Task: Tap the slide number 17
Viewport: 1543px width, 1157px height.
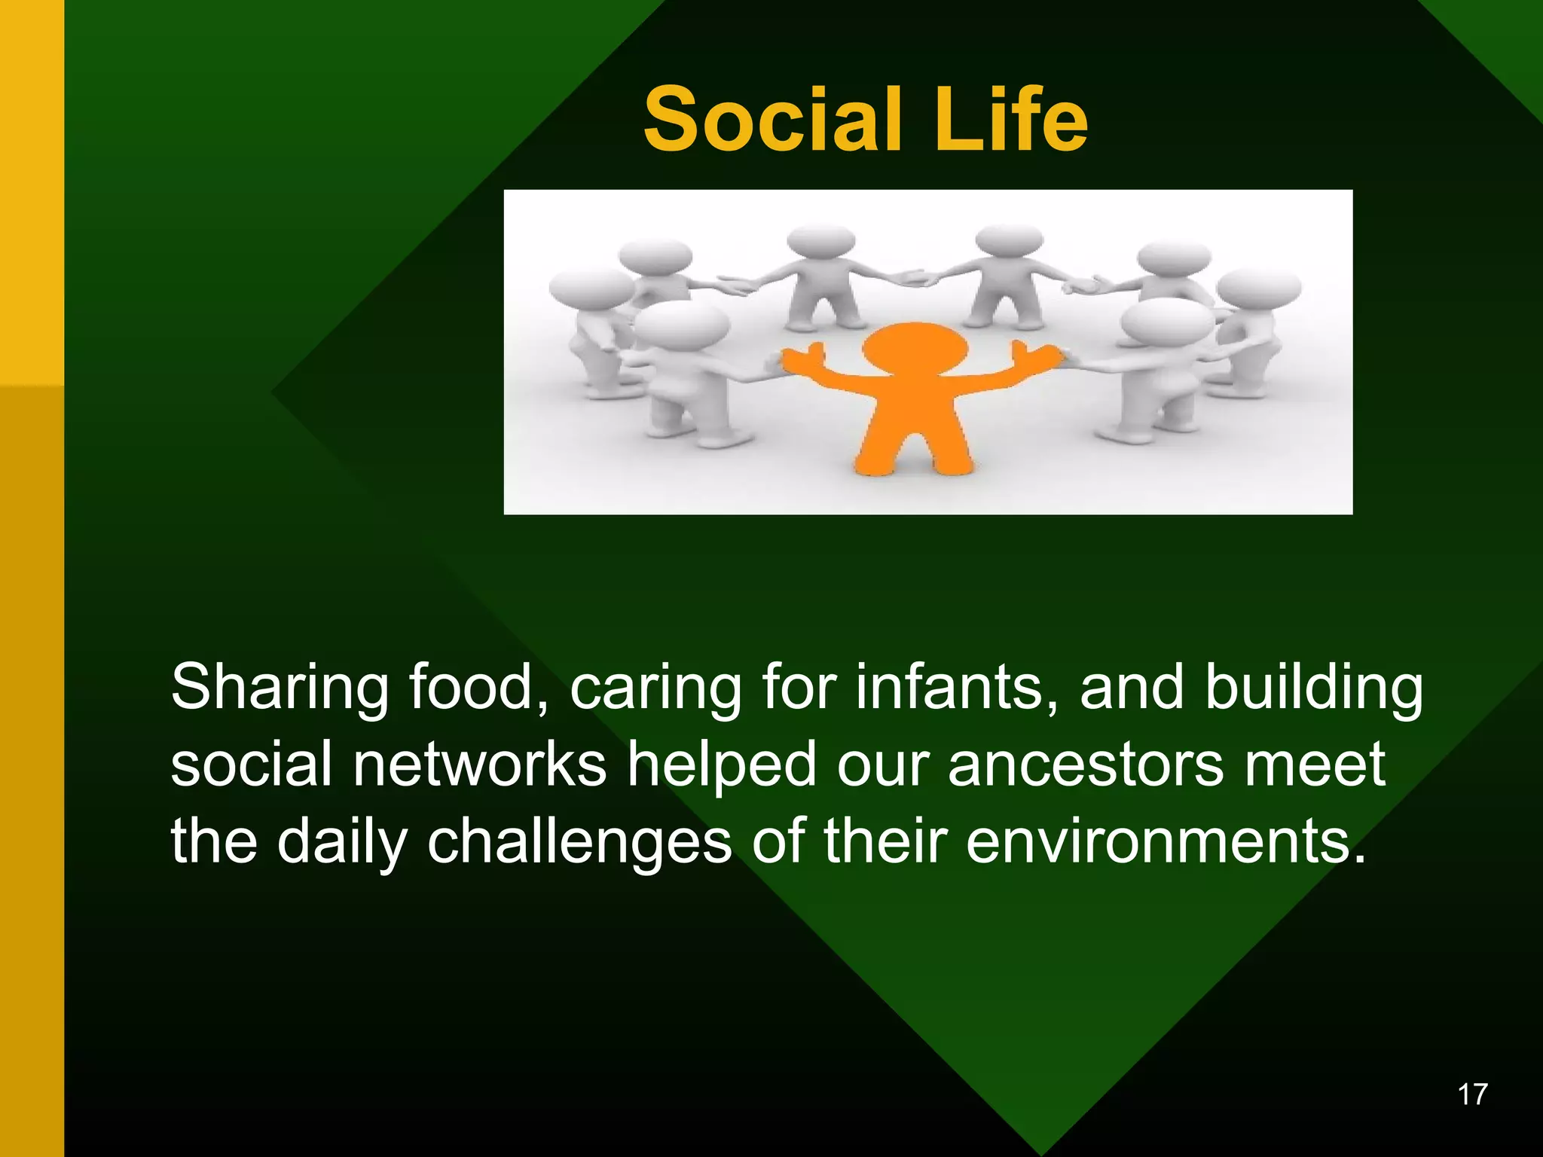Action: pos(1472,1094)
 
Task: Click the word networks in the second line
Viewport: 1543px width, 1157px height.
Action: pos(479,765)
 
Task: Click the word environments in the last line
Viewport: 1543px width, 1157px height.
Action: pos(1165,841)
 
